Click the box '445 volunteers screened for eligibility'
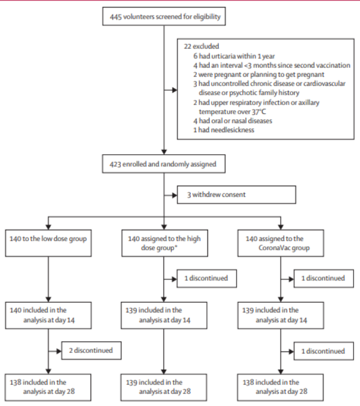pos(164,17)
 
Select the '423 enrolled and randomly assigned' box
pos(163,164)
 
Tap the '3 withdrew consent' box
pos(236,195)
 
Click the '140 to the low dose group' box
pos(48,243)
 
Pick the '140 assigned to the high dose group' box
pos(164,243)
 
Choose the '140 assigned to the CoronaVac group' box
pos(280,243)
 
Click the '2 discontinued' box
pos(91,350)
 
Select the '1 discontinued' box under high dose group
pos(206,278)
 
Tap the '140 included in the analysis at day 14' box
pos(48,315)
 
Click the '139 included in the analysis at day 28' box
pos(163,387)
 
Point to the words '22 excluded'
pos(201,47)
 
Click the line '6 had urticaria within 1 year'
pos(234,56)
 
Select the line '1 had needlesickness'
pos(223,130)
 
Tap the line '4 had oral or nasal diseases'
pos(233,121)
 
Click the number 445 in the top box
pos(115,17)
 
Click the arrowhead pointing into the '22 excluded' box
pos(175,90)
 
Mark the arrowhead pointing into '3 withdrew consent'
pos(175,195)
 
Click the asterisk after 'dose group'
pos(176,246)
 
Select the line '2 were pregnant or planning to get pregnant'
pos(258,75)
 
